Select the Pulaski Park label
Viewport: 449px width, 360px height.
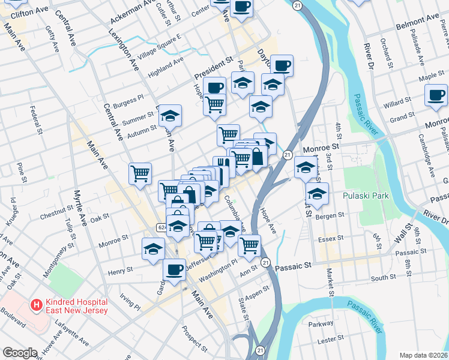(x=366, y=196)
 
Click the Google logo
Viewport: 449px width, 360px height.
(x=20, y=353)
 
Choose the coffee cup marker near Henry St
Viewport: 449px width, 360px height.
(x=175, y=271)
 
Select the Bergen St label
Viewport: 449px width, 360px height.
(x=331, y=215)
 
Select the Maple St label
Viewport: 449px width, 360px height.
(x=414, y=77)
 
